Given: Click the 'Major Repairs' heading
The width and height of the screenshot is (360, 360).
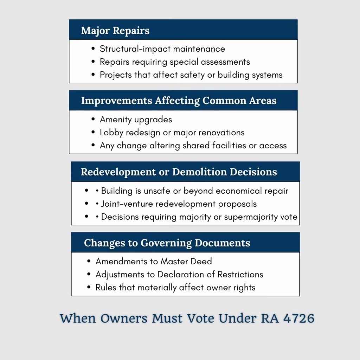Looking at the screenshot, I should point(115,31).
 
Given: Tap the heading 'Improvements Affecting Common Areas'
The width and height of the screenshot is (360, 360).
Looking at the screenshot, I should point(179,101).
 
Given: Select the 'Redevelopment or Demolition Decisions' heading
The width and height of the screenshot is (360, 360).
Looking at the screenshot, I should point(179,172).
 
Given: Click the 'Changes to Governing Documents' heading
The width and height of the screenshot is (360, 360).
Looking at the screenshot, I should point(167,243).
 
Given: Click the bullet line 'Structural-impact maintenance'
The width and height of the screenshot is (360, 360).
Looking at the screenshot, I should point(162,49).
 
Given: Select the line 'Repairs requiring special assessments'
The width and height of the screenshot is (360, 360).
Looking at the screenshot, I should point(175,62).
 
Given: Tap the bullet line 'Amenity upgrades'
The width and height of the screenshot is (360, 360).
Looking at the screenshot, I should point(136,120).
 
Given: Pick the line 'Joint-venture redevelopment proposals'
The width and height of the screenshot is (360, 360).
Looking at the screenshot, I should point(179,204).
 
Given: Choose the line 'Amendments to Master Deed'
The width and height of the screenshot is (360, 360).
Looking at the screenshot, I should point(154,262).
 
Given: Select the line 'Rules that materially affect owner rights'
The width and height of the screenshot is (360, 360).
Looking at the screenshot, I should point(175,288).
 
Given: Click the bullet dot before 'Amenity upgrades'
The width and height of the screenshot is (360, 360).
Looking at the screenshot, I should point(93,119).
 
